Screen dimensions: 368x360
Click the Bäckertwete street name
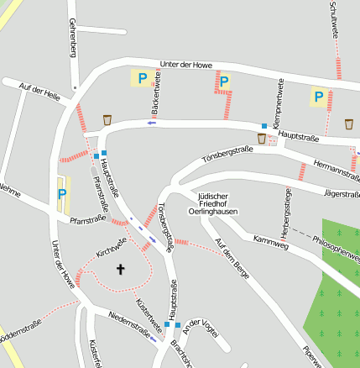156,95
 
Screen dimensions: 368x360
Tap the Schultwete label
335,18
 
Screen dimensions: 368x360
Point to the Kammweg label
269,242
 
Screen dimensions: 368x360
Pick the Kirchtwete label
111,247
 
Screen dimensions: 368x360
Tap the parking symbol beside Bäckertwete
142,78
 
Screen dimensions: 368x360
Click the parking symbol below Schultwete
318,97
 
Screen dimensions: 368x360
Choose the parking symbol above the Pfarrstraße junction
62,194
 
